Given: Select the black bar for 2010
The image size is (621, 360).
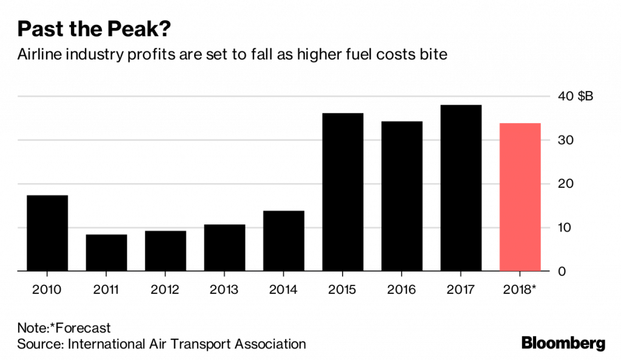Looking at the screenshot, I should [47, 233].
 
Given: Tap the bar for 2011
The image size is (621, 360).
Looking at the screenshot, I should [106, 253].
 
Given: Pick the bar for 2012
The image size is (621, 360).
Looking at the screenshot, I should [166, 251].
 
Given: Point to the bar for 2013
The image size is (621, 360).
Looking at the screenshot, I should [224, 248].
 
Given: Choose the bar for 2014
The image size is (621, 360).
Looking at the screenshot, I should [284, 241].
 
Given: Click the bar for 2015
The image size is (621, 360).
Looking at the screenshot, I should [343, 192].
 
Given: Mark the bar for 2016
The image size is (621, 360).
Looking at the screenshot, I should [402, 196].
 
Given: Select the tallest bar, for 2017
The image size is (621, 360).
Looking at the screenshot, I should [461, 188].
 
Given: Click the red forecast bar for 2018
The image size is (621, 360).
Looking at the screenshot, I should [520, 197].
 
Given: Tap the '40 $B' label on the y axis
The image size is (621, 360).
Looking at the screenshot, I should [572, 96].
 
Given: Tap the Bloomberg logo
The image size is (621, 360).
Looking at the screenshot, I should [563, 343].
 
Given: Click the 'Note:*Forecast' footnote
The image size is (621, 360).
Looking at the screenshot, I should [64, 328].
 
